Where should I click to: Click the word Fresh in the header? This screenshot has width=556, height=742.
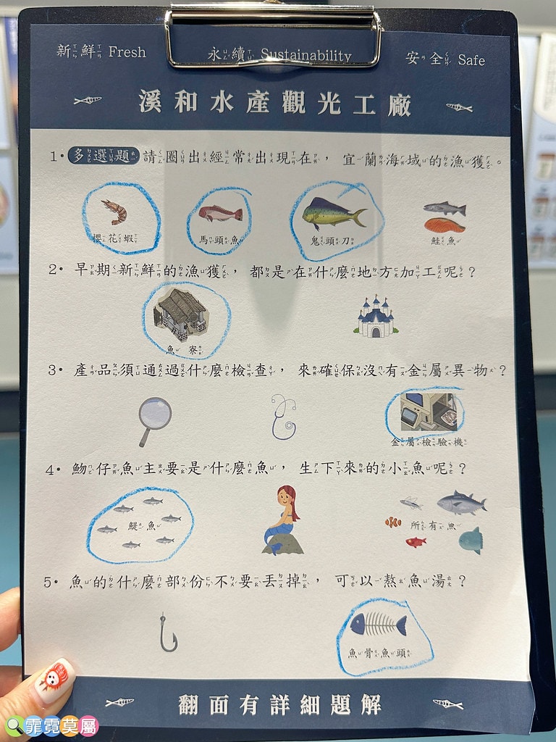[127, 52]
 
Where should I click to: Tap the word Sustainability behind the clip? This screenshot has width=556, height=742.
[306, 56]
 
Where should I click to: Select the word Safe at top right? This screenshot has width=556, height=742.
[471, 60]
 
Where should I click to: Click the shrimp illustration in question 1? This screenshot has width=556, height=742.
[114, 211]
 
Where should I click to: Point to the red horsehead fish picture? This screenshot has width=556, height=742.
[220, 213]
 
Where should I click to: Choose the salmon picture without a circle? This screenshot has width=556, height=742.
[445, 217]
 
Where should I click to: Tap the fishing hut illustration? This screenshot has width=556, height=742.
[182, 314]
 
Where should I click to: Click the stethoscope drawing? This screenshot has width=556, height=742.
[283, 417]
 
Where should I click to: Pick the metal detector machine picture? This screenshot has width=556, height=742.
[428, 412]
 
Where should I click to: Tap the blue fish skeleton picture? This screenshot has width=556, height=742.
[378, 624]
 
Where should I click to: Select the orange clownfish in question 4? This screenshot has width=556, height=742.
[393, 522]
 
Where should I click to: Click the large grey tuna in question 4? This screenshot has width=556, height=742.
[460, 502]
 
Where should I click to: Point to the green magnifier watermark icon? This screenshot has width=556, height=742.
[14, 725]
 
